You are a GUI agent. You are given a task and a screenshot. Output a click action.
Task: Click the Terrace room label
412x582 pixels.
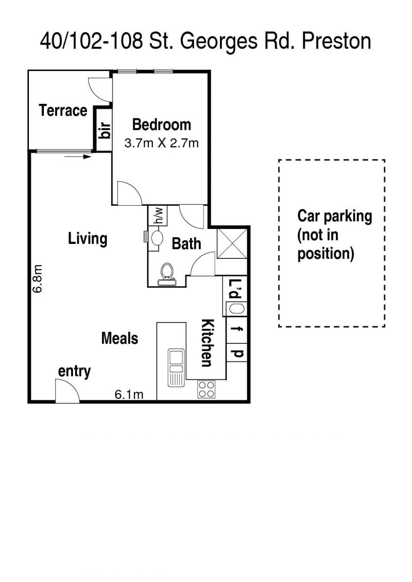[x=63, y=111]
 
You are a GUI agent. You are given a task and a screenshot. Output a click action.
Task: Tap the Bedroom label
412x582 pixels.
[x=162, y=125]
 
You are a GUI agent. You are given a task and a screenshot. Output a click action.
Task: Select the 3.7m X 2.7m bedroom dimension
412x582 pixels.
[x=162, y=143]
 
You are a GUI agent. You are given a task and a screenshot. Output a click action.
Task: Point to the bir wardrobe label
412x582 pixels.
[x=105, y=130]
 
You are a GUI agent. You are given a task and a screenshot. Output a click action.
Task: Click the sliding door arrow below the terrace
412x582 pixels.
[x=78, y=156]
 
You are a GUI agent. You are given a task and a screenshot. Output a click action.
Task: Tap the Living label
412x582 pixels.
[x=88, y=239]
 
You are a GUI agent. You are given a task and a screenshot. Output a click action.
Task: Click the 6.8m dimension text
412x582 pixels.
[x=38, y=278]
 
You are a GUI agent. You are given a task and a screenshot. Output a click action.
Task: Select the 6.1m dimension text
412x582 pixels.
[x=129, y=394]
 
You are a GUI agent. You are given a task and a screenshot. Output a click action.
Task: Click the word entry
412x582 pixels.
[x=74, y=372]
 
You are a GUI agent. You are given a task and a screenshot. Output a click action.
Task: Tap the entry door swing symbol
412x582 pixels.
[x=67, y=391]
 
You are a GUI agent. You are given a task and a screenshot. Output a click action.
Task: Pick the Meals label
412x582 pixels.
[x=119, y=339]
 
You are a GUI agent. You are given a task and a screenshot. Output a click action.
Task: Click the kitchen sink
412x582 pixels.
[x=176, y=367]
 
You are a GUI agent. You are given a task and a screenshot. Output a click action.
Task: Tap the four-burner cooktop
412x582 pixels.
[x=207, y=390]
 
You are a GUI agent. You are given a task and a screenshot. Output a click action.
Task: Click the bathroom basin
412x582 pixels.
[x=157, y=238]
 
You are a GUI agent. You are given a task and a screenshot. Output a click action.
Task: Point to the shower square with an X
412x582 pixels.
[x=232, y=243]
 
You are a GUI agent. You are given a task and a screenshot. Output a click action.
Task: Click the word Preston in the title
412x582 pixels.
[x=337, y=41]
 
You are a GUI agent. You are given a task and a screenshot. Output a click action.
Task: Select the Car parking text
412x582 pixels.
[x=335, y=216]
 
